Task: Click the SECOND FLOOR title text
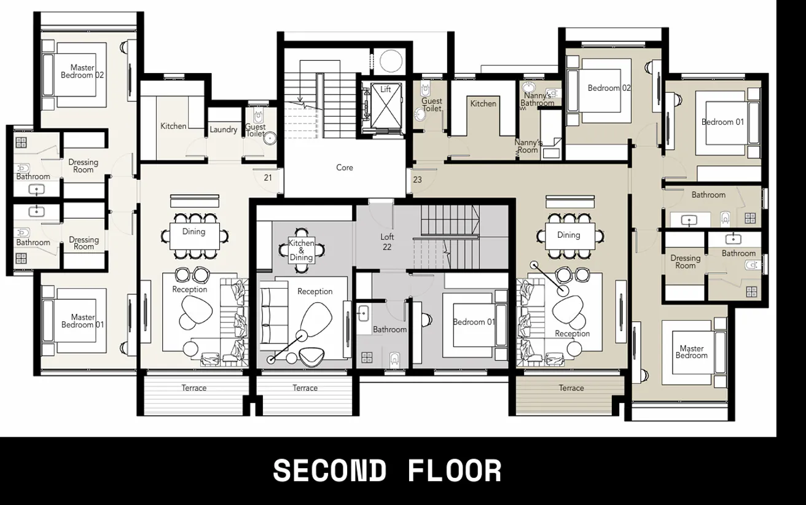click(387, 471)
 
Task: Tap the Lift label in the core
click(385, 90)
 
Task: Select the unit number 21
click(268, 178)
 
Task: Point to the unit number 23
click(417, 180)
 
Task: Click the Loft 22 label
click(387, 242)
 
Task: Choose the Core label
click(345, 168)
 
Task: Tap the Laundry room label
click(223, 130)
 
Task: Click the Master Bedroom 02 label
click(82, 71)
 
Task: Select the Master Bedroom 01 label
click(83, 321)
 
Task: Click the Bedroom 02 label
click(609, 88)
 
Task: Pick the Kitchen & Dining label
click(301, 251)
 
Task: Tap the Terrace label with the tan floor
click(571, 388)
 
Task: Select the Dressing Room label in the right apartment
click(686, 262)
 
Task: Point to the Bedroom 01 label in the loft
click(474, 322)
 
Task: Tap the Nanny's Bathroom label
click(538, 100)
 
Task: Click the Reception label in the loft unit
click(315, 292)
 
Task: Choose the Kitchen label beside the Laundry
click(173, 126)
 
